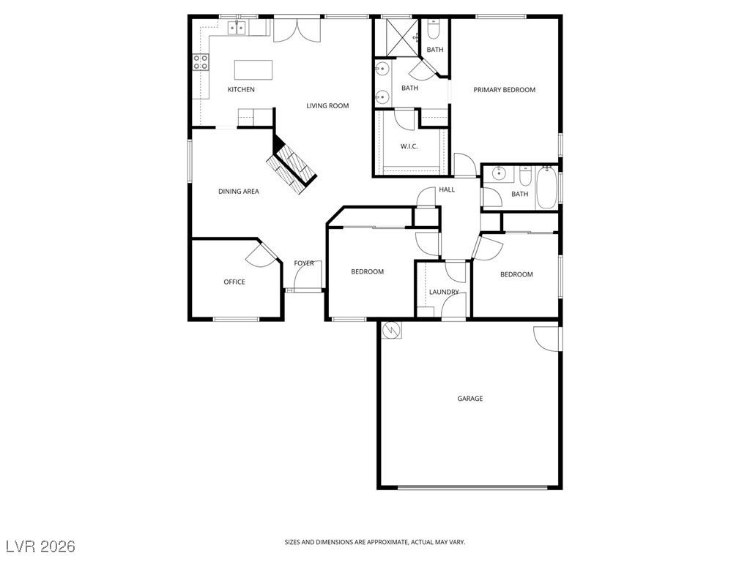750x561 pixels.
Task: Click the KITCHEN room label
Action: (x=241, y=90)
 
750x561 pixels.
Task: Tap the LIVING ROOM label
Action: (x=327, y=106)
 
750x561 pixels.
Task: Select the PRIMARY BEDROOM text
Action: (x=504, y=90)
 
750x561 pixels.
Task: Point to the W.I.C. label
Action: (x=409, y=146)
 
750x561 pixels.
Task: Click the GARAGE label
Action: (x=469, y=399)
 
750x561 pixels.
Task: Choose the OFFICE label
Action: (x=234, y=282)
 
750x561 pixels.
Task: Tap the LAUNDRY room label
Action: (x=444, y=293)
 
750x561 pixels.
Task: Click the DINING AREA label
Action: (x=239, y=192)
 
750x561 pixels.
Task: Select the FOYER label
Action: (x=304, y=263)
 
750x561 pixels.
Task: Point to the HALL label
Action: (x=447, y=190)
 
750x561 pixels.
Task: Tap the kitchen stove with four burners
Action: (x=201, y=63)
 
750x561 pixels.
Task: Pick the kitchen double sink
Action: (x=237, y=29)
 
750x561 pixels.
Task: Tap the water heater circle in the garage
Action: (x=393, y=331)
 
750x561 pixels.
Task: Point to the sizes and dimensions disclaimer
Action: (x=374, y=542)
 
